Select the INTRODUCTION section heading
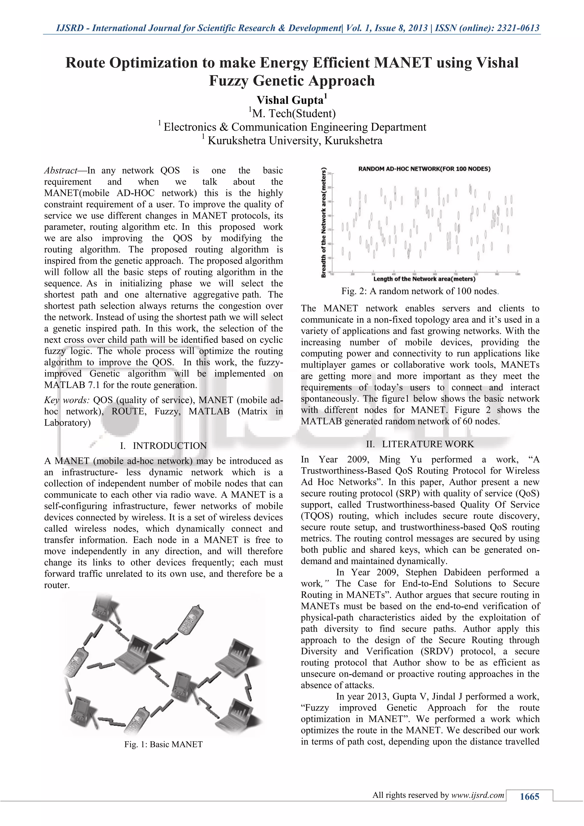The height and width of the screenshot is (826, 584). coord(170,446)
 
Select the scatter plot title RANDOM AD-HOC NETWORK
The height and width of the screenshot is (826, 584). coord(424,169)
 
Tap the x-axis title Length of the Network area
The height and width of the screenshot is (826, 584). coord(424,279)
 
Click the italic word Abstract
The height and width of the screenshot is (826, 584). coord(60,170)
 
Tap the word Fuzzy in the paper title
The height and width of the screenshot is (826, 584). coord(229,81)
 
